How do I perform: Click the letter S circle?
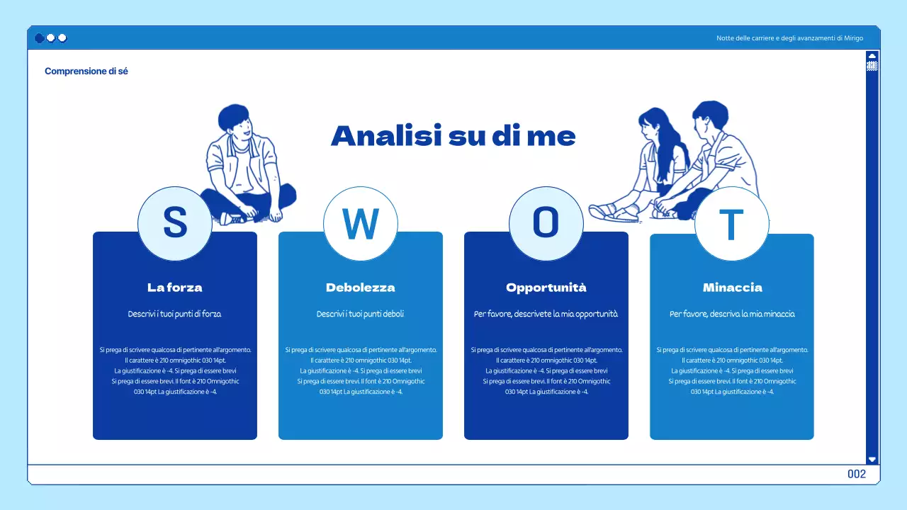[174, 223]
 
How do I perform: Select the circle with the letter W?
[360, 223]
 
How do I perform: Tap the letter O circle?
[546, 223]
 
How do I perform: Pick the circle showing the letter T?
[731, 224]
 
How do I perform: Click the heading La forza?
[174, 288]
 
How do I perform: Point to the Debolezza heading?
[360, 288]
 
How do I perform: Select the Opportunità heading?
[546, 288]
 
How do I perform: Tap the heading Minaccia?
[732, 288]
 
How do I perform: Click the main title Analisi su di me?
[453, 136]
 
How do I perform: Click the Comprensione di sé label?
[86, 72]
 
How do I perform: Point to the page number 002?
[856, 474]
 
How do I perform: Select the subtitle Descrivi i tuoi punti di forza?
[174, 314]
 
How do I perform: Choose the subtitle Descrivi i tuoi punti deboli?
[360, 314]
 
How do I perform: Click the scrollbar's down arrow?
[872, 459]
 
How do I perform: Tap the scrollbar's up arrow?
[872, 55]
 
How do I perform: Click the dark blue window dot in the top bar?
[39, 38]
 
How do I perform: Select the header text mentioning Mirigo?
[789, 38]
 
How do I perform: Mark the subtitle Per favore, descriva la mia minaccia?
[732, 314]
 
